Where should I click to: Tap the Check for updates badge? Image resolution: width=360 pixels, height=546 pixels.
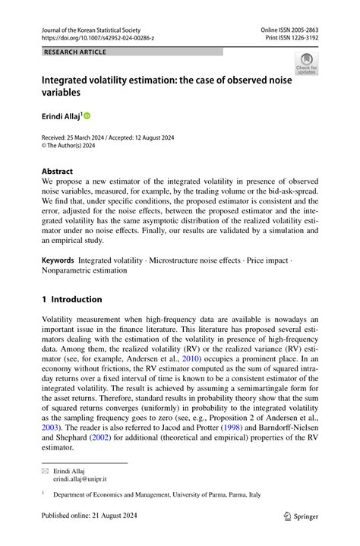pyautogui.click(x=306, y=65)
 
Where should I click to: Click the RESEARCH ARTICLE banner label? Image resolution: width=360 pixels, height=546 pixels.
pyautogui.click(x=75, y=52)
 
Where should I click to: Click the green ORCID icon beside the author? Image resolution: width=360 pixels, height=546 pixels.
pyautogui.click(x=87, y=116)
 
